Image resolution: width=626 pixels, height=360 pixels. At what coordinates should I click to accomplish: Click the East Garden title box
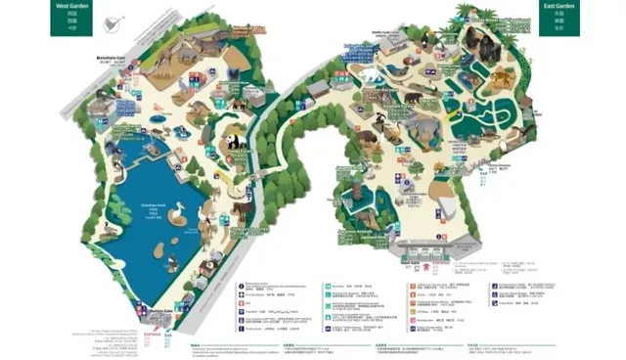tap(559, 18)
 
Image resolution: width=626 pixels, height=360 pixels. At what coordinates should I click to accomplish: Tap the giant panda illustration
tap(235, 144)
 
